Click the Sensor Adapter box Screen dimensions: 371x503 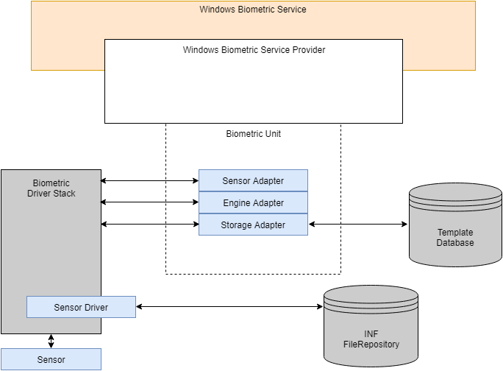point(253,181)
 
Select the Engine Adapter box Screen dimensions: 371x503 point(253,202)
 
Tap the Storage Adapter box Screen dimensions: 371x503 point(253,225)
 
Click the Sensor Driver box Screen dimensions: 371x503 point(81,307)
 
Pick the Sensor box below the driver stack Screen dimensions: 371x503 point(51,360)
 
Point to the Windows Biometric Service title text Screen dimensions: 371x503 point(253,10)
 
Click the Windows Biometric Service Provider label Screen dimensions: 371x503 point(254,50)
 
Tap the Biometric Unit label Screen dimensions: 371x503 point(253,134)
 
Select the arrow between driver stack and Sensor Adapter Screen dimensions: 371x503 point(149,180)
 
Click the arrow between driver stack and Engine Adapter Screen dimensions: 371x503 point(149,202)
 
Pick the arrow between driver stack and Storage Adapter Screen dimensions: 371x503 point(149,224)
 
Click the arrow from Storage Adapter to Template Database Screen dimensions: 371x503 point(358,224)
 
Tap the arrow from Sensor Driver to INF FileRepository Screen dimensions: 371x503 point(229,306)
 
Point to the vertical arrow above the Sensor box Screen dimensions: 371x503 point(51,341)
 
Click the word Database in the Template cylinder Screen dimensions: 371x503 point(455,243)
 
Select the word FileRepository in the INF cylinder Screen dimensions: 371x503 point(371,344)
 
